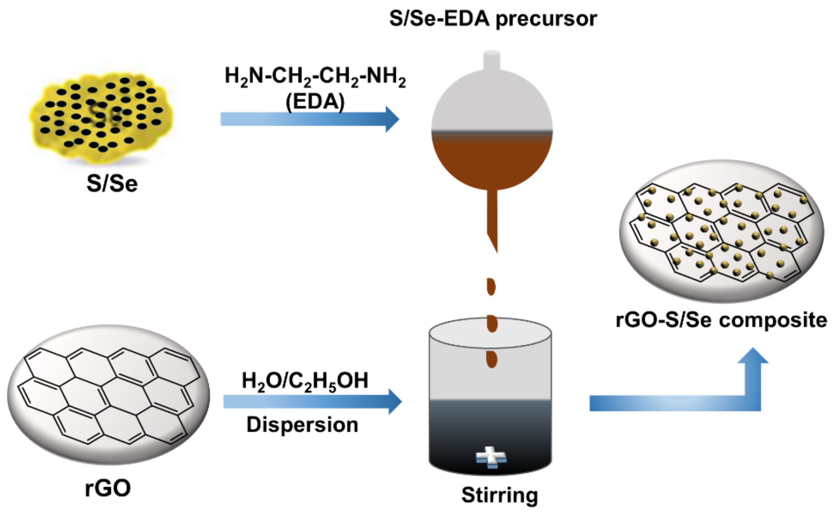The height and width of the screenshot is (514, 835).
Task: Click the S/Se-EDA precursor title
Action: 493,19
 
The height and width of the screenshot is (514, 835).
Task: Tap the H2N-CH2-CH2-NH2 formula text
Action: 315,76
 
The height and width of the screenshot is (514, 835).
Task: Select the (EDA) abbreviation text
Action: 315,102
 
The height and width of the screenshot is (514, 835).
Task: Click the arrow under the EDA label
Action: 309,119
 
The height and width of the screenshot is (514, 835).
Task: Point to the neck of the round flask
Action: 491,61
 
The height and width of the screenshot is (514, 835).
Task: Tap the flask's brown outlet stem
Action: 492,218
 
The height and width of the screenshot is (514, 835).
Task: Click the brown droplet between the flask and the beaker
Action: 491,287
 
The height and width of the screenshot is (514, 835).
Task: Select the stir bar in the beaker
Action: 491,457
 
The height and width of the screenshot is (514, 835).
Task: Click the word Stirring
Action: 499,495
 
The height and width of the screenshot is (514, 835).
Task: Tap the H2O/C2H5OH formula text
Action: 304,381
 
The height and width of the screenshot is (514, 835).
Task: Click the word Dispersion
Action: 302,425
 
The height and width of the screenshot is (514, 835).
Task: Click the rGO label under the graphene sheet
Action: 108,488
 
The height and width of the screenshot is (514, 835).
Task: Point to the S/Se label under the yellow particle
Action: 112,184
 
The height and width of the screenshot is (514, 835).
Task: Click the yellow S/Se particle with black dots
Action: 102,116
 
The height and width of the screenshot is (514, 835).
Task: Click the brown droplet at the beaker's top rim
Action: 492,324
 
